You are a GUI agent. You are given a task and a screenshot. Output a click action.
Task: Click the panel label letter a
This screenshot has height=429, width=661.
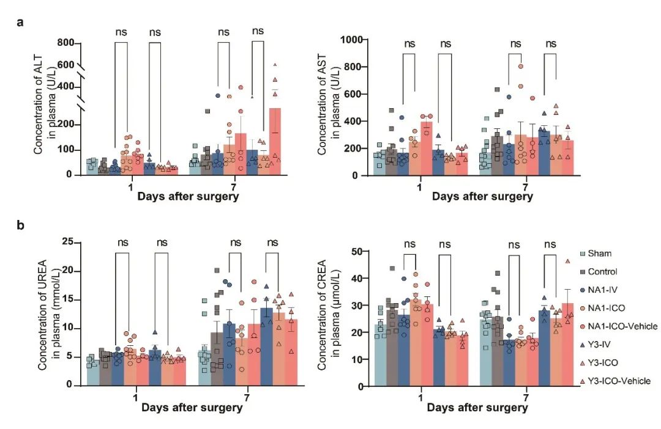tap(21, 23)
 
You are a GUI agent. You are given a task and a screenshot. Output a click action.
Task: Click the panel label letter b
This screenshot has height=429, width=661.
tap(21, 226)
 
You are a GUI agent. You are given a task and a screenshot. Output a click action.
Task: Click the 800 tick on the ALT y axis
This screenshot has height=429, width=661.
tap(69, 43)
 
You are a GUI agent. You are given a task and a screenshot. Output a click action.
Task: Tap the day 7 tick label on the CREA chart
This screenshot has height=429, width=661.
tap(526, 395)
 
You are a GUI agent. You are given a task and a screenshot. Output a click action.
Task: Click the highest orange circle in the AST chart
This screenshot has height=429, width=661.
tap(521, 67)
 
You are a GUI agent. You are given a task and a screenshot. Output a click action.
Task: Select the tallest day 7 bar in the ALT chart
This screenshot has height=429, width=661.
tap(275, 142)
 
